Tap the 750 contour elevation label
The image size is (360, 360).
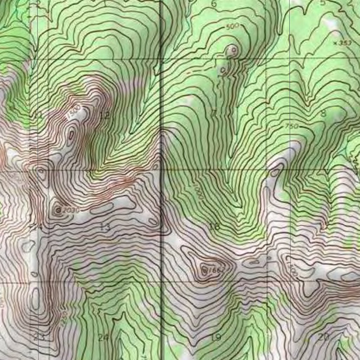291,126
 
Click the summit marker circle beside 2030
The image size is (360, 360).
59,210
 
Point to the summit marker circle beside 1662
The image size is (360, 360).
205,270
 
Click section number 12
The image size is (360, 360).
104,115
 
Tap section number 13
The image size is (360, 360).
105,227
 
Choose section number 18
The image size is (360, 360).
214,226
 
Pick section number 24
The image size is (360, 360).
103,338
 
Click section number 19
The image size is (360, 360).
216,338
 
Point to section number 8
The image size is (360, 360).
323,113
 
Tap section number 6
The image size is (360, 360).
214,4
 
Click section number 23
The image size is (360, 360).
39,336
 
